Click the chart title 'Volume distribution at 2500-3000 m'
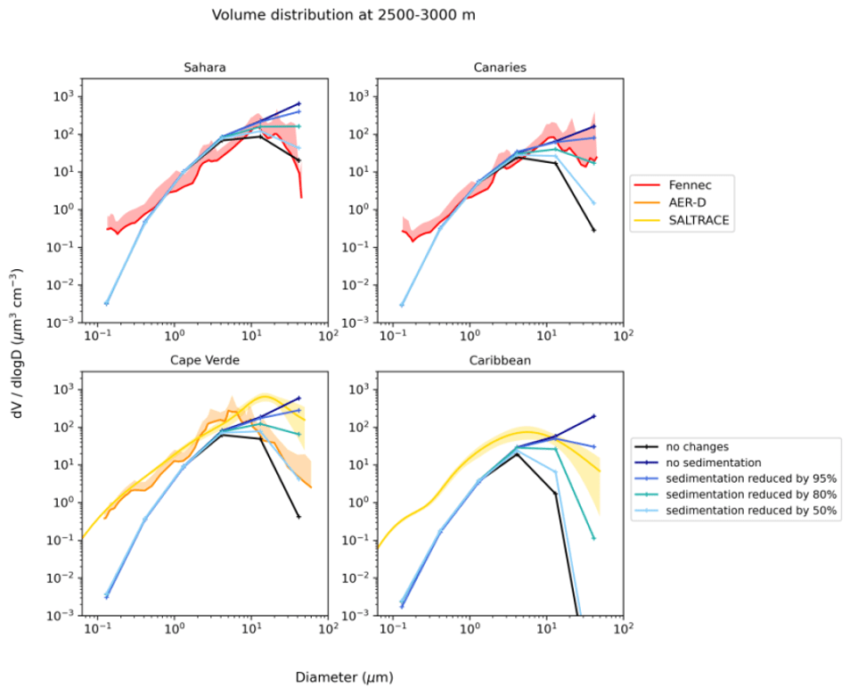point(343,15)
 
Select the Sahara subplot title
point(204,68)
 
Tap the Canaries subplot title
point(499,68)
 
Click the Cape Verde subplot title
point(204,360)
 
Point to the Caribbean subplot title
point(499,360)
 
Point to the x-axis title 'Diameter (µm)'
point(344,678)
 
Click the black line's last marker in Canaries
point(593,230)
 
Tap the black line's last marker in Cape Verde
point(299,517)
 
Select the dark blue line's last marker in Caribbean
point(593,416)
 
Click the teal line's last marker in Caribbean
point(593,538)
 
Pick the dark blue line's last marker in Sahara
point(299,103)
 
